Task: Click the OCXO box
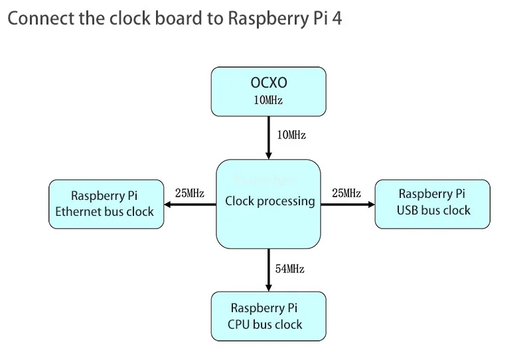pyautogui.click(x=268, y=91)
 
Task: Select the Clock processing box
pyautogui.click(x=268, y=219)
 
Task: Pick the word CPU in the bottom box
pyautogui.click(x=238, y=325)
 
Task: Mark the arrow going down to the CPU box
pyautogui.click(x=268, y=270)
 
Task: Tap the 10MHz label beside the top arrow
pyautogui.click(x=291, y=135)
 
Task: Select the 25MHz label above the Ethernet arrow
pyautogui.click(x=189, y=193)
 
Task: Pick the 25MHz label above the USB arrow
pyautogui.click(x=346, y=193)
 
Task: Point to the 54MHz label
pyautogui.click(x=290, y=269)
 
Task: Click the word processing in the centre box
pyautogui.click(x=287, y=201)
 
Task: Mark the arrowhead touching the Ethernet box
pyautogui.click(x=169, y=205)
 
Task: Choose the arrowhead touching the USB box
pyautogui.click(x=370, y=205)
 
